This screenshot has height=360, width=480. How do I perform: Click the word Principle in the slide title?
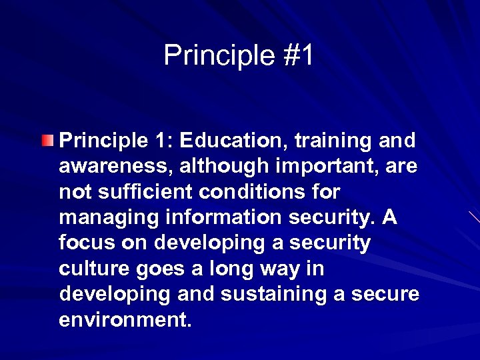pos(217,55)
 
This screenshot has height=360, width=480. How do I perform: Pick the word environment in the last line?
pos(125,320)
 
